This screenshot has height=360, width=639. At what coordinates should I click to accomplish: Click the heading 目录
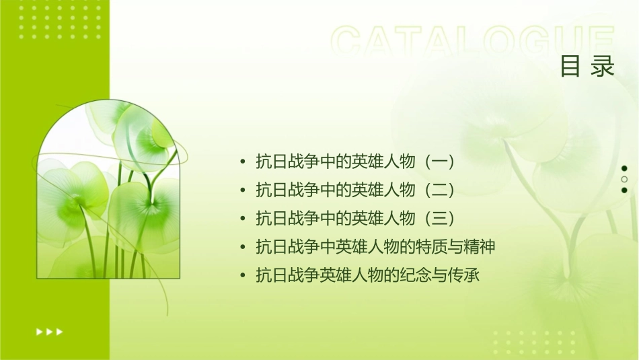click(587, 67)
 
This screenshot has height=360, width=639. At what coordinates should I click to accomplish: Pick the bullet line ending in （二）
click(356, 190)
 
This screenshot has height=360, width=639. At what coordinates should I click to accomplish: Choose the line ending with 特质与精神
click(375, 247)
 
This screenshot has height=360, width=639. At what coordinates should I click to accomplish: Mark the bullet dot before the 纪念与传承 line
click(242, 276)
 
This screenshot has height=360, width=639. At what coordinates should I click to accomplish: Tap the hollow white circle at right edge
click(624, 179)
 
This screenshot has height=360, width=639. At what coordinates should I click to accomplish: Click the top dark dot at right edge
click(624, 168)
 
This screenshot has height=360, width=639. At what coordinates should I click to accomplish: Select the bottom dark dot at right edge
click(624, 190)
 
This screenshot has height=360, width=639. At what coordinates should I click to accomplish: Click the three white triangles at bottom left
click(50, 331)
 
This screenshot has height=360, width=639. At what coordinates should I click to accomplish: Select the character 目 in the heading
click(570, 67)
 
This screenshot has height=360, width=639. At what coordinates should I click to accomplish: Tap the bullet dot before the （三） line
click(242, 219)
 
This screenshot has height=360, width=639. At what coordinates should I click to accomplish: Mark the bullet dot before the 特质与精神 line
click(242, 248)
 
